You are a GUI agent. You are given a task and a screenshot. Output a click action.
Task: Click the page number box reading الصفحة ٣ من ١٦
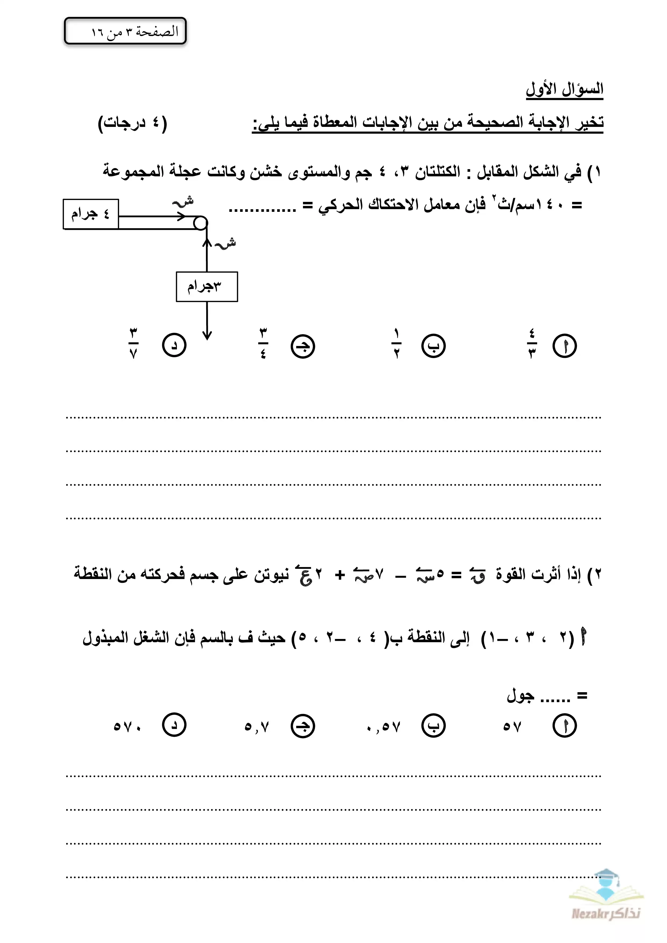(x=125, y=31)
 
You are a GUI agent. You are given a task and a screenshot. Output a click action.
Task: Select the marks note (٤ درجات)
(x=132, y=123)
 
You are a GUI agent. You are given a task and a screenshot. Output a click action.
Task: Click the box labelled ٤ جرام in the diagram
(x=91, y=214)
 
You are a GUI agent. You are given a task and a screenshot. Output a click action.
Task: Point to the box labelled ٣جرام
(x=206, y=286)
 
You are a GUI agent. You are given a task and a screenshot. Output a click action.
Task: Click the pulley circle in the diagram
(x=201, y=223)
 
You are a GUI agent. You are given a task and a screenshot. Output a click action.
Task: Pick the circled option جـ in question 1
(x=303, y=346)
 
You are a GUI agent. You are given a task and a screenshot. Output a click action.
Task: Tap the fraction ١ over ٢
(x=396, y=343)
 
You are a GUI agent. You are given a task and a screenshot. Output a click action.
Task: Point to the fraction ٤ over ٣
(x=532, y=343)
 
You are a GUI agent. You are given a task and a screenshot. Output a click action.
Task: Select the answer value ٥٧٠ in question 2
(x=127, y=727)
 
